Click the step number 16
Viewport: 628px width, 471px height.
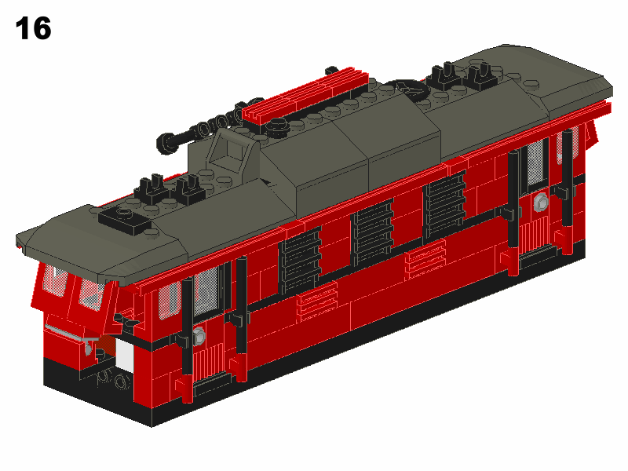[33, 28]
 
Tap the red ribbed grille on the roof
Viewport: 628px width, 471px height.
[305, 95]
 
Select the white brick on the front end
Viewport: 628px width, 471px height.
[124, 354]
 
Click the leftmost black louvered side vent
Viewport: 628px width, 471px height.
[301, 260]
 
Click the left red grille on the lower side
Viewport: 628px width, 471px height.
[317, 301]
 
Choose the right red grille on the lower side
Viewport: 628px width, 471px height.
[425, 257]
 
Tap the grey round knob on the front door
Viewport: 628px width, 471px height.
[199, 336]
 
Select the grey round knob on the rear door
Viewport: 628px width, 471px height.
[541, 203]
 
